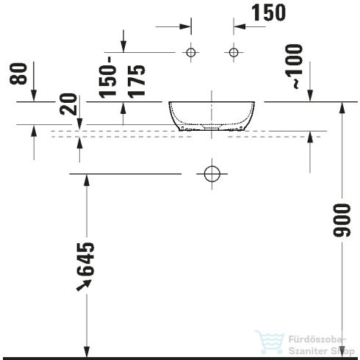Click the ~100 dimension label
click(294, 71)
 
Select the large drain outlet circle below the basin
click(212, 174)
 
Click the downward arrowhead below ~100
click(310, 97)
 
